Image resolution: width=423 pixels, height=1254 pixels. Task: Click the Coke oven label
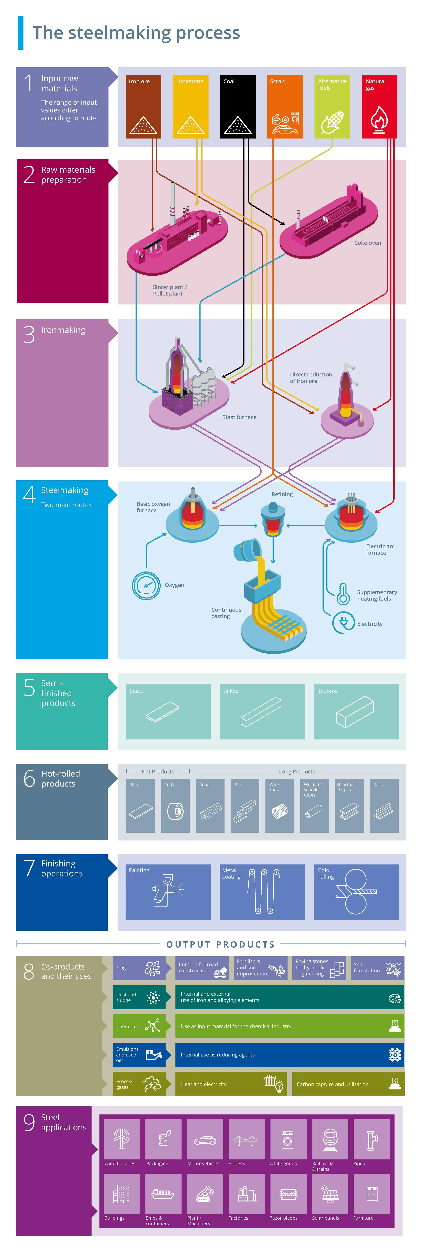[368, 242]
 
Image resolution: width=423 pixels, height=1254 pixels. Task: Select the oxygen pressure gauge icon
[146, 585]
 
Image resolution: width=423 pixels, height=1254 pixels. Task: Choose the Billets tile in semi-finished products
[262, 711]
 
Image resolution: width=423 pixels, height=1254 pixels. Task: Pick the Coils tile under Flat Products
[175, 806]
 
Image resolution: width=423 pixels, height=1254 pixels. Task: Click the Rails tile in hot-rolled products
[384, 806]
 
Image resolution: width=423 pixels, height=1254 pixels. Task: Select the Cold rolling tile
[356, 892]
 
